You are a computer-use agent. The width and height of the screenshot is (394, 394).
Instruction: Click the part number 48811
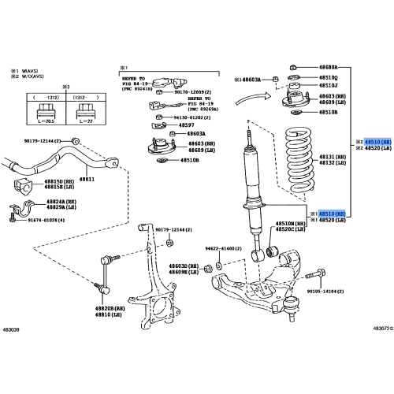click(87, 180)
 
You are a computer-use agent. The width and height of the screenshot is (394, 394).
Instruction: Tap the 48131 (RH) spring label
click(330, 156)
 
